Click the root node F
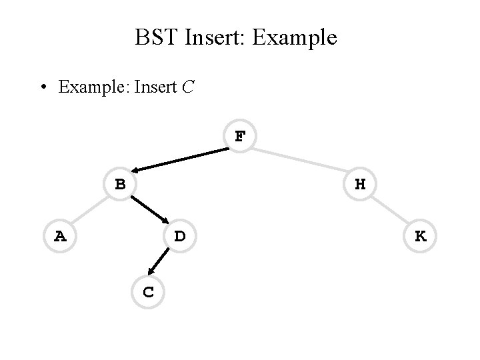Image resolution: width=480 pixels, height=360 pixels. [240, 137]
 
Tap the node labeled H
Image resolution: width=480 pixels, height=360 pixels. [360, 184]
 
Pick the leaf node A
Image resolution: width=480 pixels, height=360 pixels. [60, 236]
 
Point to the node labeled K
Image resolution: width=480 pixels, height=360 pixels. [420, 236]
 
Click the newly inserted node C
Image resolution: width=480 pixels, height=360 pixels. [149, 291]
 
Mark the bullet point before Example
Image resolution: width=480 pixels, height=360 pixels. [43, 88]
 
